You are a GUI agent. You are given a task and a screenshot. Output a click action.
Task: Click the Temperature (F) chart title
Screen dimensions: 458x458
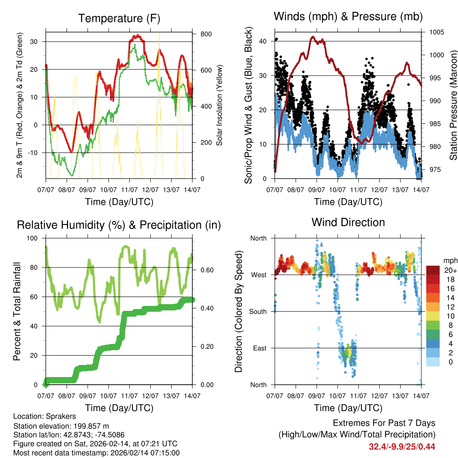[x=119, y=18]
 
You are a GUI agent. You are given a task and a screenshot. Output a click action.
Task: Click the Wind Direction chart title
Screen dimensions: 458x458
[x=348, y=222]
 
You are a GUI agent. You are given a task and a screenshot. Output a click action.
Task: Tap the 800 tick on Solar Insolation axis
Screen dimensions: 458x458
[x=206, y=34]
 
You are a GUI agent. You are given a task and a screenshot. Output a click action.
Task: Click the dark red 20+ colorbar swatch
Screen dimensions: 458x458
[x=433, y=270]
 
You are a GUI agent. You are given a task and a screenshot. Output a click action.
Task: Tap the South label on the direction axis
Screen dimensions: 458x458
[x=258, y=311]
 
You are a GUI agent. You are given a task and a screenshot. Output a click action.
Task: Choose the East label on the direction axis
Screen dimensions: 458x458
[x=260, y=348]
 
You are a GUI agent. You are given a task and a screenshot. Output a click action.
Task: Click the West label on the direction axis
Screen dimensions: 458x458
[x=259, y=275]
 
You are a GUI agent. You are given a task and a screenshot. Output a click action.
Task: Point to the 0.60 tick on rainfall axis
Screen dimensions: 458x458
[x=204, y=270]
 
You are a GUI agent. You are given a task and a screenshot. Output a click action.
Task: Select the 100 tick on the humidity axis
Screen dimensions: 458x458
[x=35, y=238]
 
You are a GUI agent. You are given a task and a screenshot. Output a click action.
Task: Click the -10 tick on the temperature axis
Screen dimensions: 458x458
[x=35, y=153]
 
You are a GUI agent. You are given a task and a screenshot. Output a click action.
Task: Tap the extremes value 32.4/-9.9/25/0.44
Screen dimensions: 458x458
[x=402, y=446]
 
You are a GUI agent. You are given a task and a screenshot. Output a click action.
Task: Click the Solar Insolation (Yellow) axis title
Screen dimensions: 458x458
[x=220, y=105]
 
